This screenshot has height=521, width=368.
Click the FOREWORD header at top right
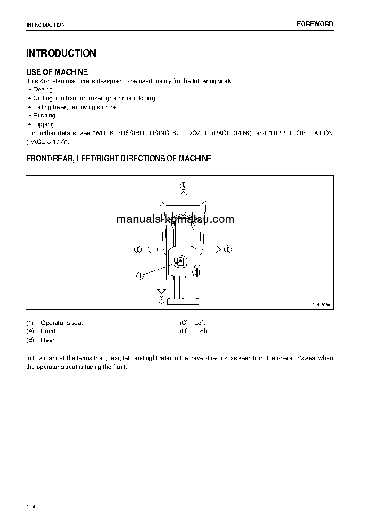(315, 24)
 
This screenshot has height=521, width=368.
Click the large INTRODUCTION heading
(61, 53)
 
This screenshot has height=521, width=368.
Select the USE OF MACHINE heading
(57, 72)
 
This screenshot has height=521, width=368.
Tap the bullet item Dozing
(43, 90)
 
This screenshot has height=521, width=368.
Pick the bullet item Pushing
(44, 116)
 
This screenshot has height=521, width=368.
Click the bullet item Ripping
(44, 124)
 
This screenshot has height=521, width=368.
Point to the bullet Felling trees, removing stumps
(75, 107)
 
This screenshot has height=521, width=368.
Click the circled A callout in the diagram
(184, 186)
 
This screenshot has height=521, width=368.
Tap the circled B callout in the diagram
(161, 300)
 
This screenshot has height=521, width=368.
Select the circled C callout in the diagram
(137, 250)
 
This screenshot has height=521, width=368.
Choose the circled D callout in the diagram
(228, 250)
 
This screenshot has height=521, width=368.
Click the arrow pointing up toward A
(184, 197)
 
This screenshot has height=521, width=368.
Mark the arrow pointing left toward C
(152, 250)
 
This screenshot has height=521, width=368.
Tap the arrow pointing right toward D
(215, 250)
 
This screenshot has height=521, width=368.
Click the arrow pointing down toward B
(161, 288)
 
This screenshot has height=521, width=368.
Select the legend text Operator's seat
(62, 323)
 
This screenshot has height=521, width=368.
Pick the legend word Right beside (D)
(201, 331)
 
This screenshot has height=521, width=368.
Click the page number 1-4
(31, 506)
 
